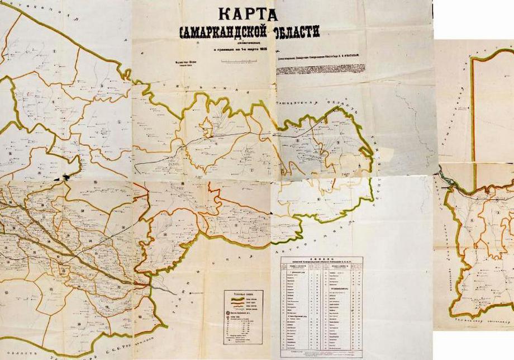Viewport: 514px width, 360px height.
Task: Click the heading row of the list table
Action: [321, 261]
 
